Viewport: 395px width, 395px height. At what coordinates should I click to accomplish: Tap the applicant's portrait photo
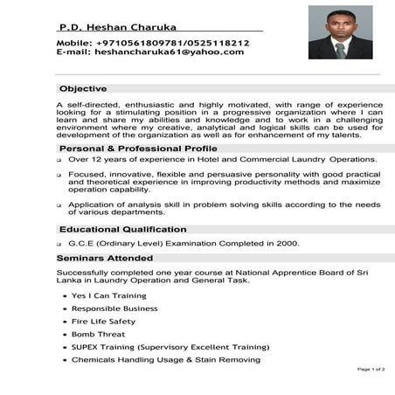[341, 33]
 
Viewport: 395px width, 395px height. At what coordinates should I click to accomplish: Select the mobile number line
[153, 42]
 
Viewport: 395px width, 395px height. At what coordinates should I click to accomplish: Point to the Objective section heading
[83, 88]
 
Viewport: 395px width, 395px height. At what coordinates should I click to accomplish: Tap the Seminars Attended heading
[105, 259]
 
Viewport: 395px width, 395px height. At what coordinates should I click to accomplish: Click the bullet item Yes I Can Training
[109, 296]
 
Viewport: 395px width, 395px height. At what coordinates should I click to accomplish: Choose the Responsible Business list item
[114, 308]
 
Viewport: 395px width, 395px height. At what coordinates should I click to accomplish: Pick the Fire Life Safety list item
[103, 322]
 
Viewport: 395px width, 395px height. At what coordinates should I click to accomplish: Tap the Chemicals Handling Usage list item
[165, 360]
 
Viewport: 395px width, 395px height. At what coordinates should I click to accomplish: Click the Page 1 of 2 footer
[371, 371]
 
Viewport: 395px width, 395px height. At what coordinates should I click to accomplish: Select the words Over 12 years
[96, 160]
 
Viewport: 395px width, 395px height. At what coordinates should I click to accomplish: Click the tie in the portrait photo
[341, 49]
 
